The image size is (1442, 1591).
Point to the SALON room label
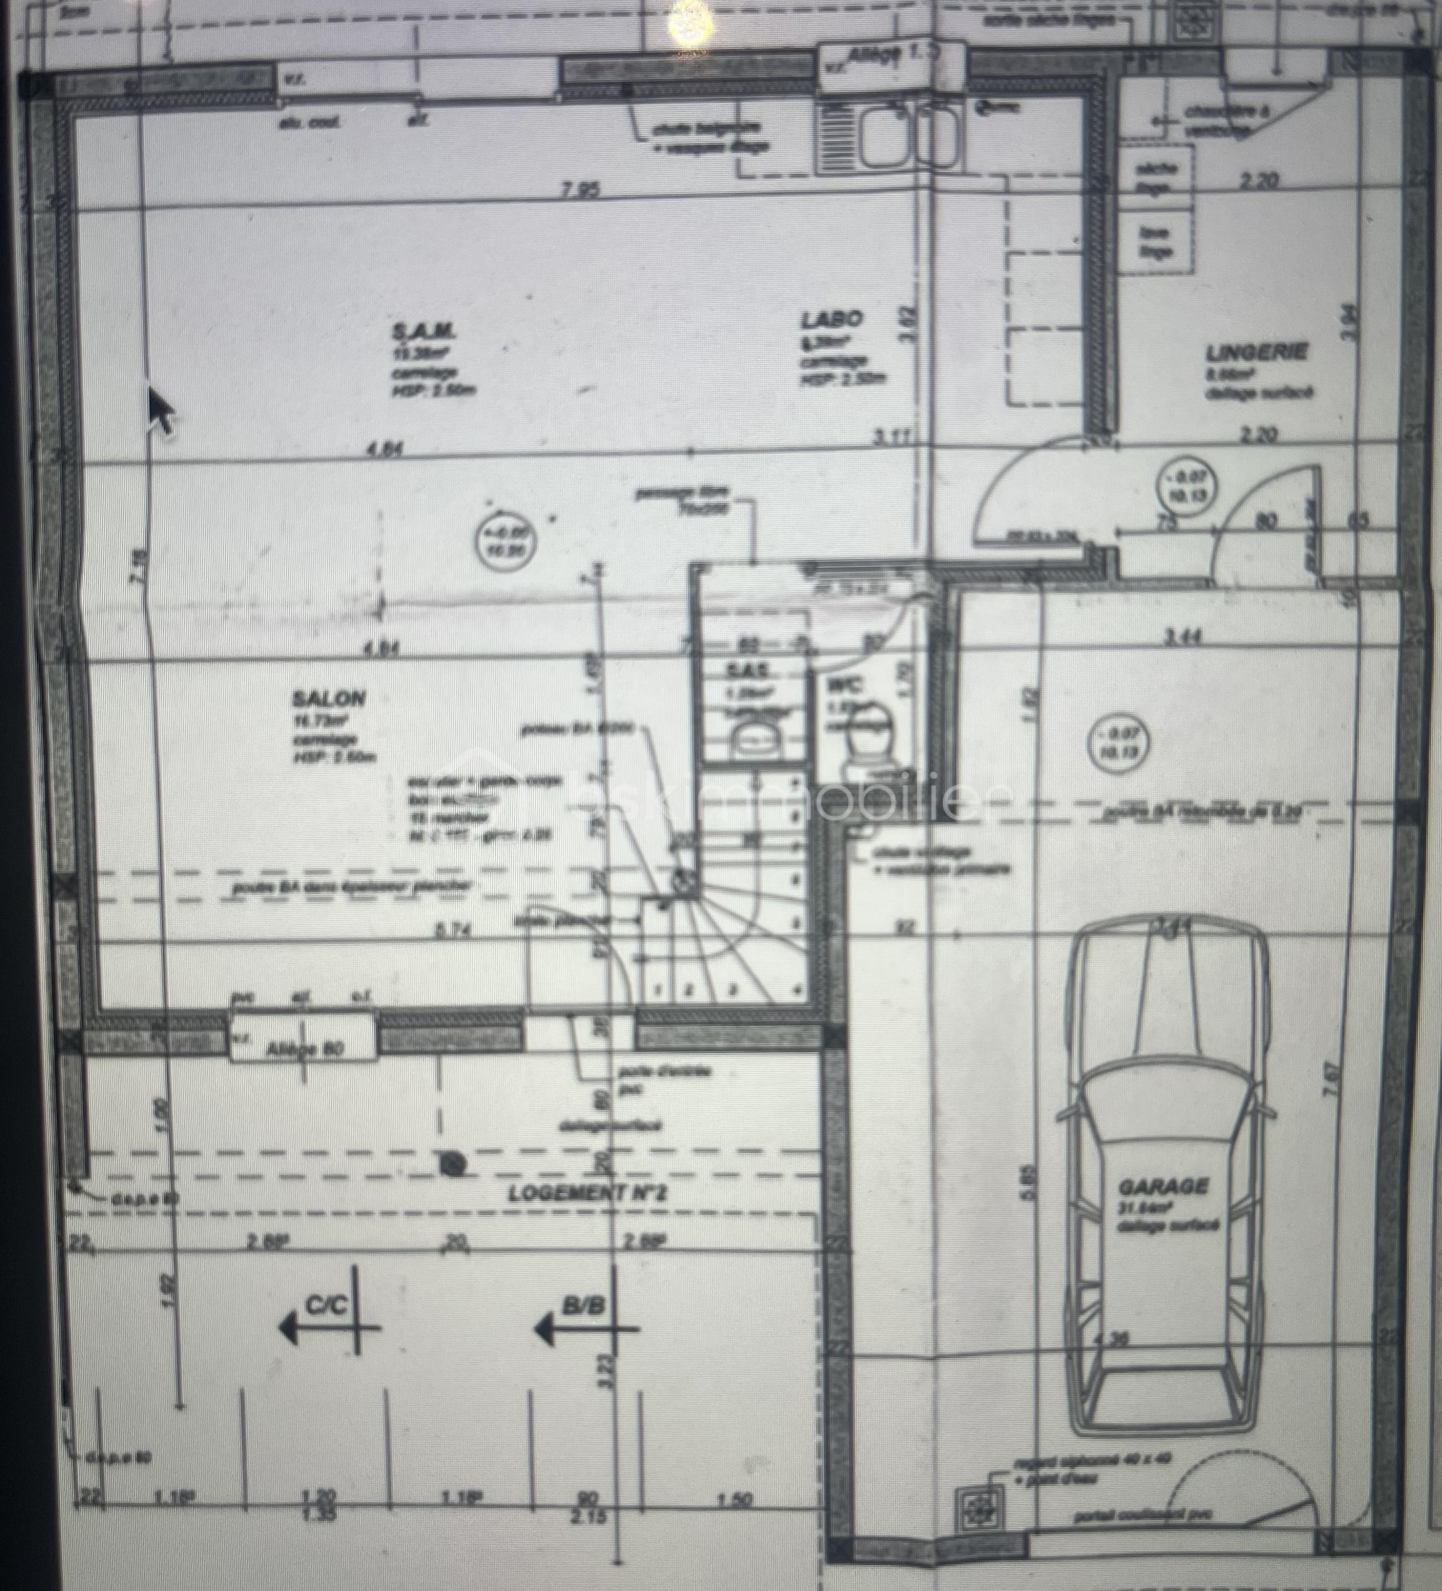(329, 698)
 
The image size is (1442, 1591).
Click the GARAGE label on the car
(1163, 1208)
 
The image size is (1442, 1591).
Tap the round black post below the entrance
(451, 1162)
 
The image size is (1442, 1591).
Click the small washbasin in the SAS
(756, 739)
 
